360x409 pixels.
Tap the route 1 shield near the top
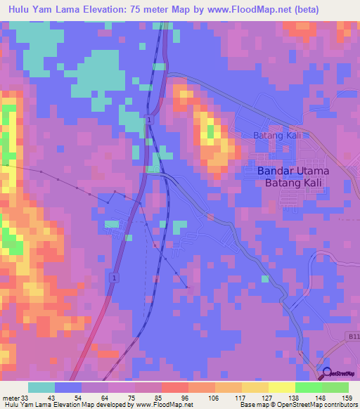click(150, 121)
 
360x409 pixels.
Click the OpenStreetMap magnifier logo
click(325, 374)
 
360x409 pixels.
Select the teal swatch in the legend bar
click(41, 387)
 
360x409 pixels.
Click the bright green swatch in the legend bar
click(308, 387)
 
